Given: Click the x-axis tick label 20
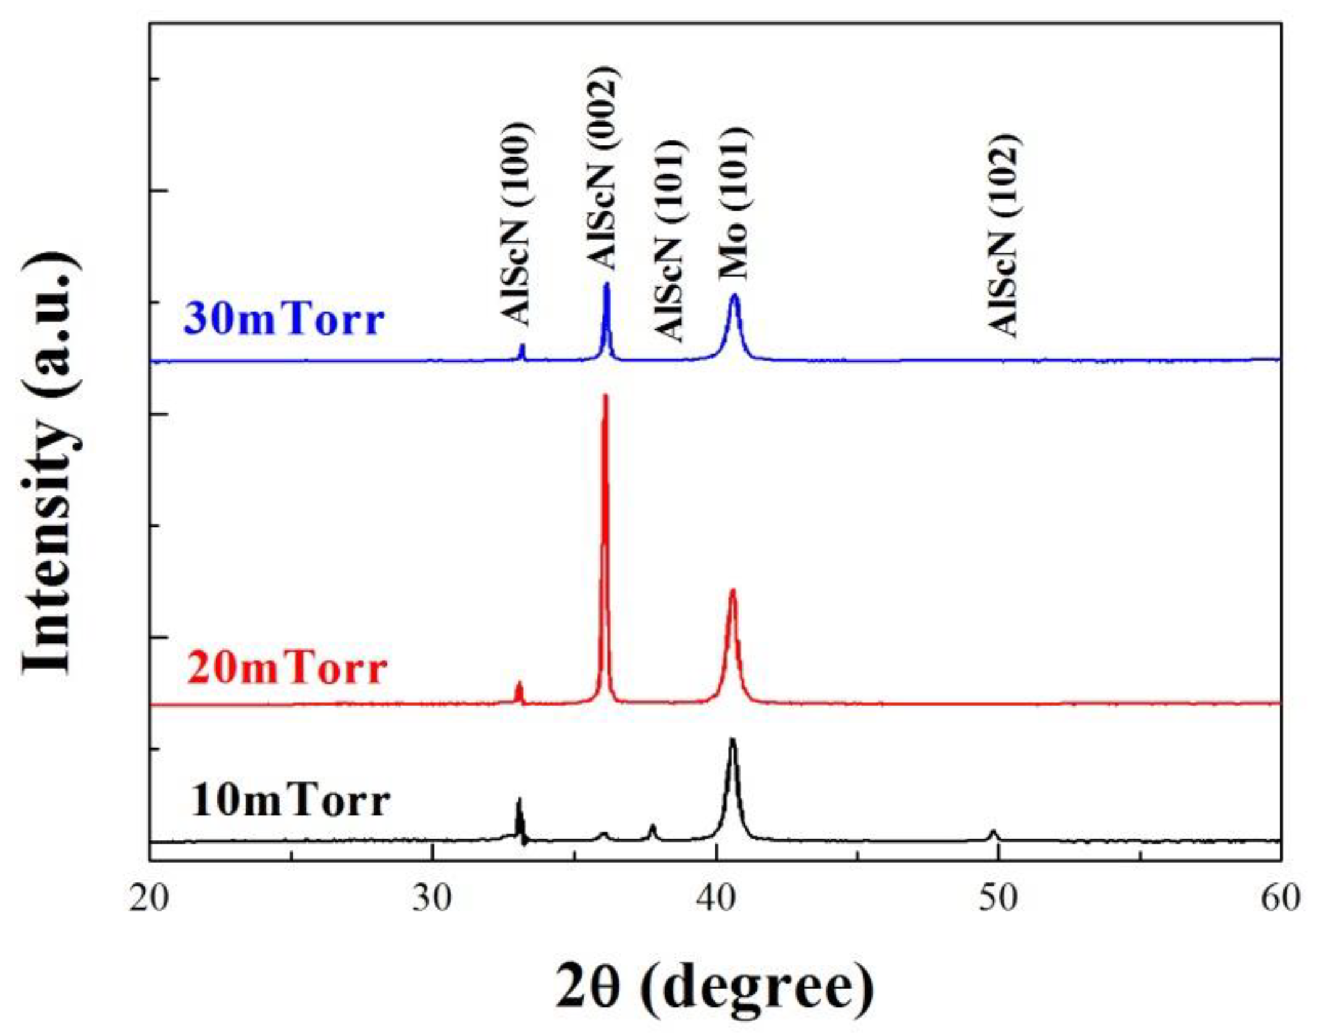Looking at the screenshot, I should click(x=149, y=900).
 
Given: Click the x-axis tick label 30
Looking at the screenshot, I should click(x=433, y=900).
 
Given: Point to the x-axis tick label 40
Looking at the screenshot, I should click(x=716, y=900).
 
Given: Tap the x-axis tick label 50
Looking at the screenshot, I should click(x=998, y=900).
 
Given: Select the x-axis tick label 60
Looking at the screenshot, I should click(x=1280, y=900).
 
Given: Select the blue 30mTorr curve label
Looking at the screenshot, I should click(x=284, y=320).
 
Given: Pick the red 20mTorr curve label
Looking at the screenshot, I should click(x=287, y=668).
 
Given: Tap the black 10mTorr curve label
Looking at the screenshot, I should click(x=290, y=801).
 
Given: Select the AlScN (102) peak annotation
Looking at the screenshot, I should click(x=1002, y=235).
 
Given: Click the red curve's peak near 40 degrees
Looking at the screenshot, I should click(x=732, y=590).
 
